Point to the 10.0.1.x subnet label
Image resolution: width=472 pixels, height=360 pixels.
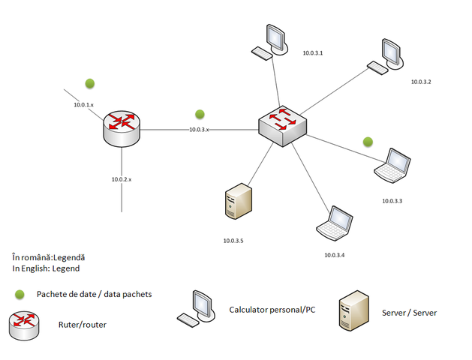point(83,105)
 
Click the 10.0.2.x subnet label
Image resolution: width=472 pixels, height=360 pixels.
point(121,179)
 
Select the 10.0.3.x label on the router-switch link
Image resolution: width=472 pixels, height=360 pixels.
point(199,130)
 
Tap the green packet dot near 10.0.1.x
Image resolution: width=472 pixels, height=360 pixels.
point(90,83)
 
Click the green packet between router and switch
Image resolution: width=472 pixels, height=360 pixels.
point(200,114)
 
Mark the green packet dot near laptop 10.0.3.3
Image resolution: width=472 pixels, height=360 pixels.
point(368,141)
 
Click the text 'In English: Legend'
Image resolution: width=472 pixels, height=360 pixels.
point(46,268)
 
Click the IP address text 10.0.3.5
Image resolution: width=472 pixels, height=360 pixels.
point(233,241)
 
